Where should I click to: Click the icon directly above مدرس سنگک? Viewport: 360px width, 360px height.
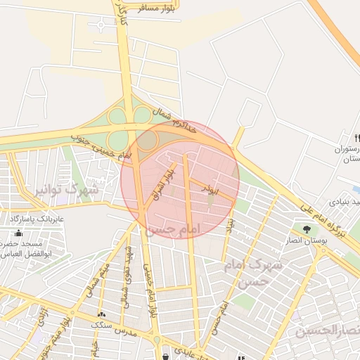(x=102, y=314)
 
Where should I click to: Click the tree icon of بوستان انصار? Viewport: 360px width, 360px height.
(x=305, y=229)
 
